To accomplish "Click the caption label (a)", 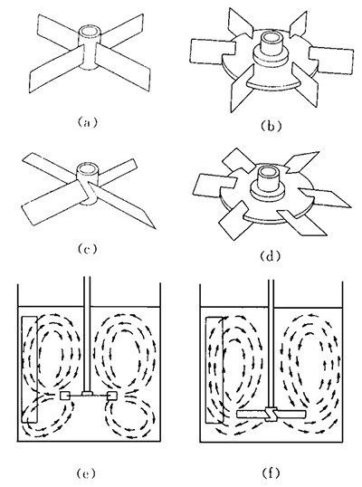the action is point(87,122).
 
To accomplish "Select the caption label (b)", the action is point(271,127).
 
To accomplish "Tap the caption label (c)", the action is point(87,249).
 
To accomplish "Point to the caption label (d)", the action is point(271,256).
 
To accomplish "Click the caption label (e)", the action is point(86,474).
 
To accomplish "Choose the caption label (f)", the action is point(271,473).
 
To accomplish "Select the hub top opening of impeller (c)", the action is point(87,169).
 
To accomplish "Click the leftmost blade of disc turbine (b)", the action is point(213,52).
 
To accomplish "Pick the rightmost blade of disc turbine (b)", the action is point(331,61).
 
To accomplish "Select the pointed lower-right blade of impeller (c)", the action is point(124,205).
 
